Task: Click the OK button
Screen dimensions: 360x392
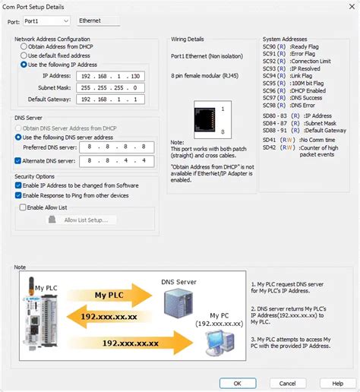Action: coord(238,384)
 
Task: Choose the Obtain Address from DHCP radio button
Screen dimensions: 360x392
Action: coord(24,46)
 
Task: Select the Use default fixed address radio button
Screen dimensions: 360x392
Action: coord(24,55)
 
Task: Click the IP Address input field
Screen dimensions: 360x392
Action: coord(109,77)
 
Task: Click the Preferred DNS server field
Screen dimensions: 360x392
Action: coord(109,147)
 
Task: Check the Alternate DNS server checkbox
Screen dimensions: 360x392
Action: coord(18,160)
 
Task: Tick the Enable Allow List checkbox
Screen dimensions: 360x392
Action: coord(24,207)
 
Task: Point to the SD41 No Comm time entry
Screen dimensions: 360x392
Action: coord(297,141)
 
